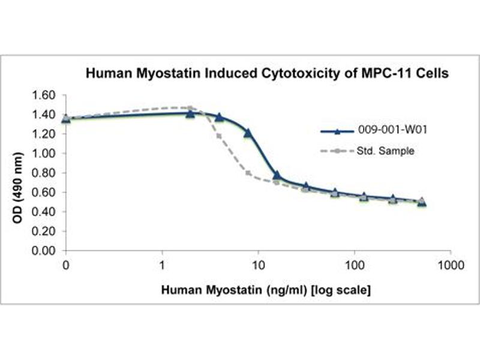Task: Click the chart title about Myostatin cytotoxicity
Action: (268, 74)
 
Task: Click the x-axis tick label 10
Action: (259, 264)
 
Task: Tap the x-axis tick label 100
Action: (355, 264)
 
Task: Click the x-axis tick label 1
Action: (163, 264)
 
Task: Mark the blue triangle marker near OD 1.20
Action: (248, 133)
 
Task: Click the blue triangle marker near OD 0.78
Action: (277, 175)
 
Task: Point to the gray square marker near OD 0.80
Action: (248, 173)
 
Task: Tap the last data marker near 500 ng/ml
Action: (422, 202)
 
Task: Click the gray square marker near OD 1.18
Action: (219, 136)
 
